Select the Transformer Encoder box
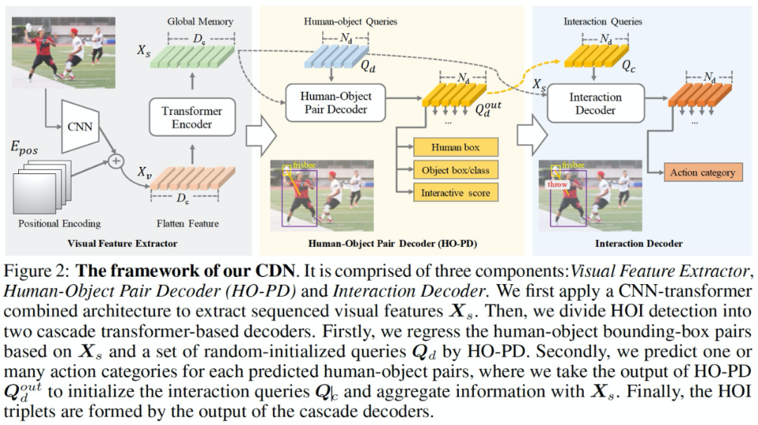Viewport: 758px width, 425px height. [192, 117]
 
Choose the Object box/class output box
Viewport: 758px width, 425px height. [456, 170]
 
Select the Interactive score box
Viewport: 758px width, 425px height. [456, 193]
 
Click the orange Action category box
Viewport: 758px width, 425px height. [702, 172]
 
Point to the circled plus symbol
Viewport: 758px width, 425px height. [117, 161]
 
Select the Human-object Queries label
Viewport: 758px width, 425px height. [350, 22]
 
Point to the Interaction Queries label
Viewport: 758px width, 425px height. [602, 22]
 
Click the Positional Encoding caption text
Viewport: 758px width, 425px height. [60, 224]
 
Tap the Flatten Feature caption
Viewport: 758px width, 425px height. [192, 224]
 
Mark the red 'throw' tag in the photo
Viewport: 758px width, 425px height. [557, 185]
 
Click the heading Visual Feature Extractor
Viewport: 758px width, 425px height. [122, 243]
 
